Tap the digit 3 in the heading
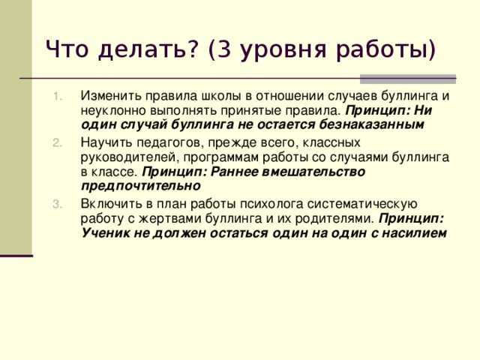224,49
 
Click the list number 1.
58,97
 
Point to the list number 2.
57,143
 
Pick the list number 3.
57,204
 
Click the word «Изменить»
111,96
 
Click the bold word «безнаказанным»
371,124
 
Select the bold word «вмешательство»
313,172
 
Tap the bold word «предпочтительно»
141,186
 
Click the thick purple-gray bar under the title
408,79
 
